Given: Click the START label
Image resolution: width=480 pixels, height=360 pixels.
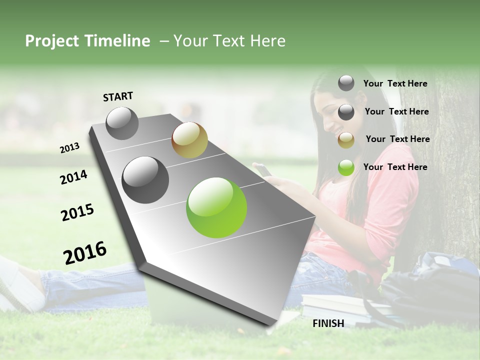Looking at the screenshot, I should (118, 96).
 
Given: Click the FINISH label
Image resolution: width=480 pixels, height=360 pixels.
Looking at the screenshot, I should (328, 323).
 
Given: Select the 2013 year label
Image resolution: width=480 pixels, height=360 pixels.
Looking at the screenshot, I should (69, 148).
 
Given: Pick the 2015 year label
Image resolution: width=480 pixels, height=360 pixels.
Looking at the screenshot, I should (77, 212).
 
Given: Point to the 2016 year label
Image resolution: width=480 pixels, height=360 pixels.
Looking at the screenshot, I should (85, 252).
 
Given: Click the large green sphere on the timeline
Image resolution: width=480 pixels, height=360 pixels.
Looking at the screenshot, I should (216, 207).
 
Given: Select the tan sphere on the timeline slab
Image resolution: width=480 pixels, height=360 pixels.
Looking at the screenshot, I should (189, 140).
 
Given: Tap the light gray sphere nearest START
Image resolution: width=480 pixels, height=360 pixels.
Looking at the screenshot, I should (122, 123).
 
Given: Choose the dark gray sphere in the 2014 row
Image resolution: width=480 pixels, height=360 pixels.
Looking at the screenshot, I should (145, 180).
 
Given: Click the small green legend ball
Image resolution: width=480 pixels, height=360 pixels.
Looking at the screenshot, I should (346, 168).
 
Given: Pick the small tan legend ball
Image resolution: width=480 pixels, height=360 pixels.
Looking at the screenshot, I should (346, 140).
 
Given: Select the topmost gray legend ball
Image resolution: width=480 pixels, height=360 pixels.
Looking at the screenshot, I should (346, 83).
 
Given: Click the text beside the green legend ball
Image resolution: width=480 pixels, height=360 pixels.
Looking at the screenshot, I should (395, 167).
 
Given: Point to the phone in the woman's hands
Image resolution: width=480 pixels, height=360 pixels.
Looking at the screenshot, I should (263, 170).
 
